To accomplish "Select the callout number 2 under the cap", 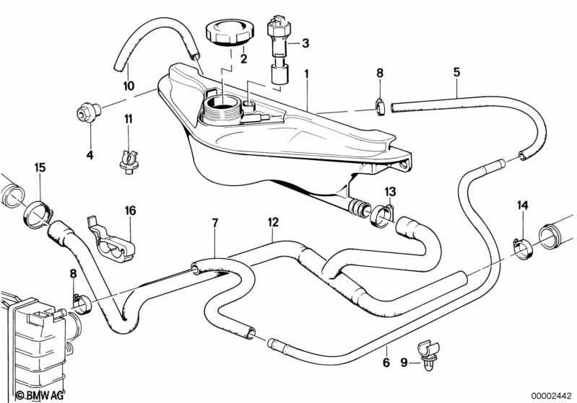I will [x=243, y=58].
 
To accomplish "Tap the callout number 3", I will [x=305, y=43].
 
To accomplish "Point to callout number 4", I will [x=90, y=154].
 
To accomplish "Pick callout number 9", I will [x=404, y=363].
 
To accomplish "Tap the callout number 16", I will [x=130, y=211].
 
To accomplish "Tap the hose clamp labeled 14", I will [x=523, y=245].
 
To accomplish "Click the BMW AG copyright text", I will [x=27, y=395].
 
